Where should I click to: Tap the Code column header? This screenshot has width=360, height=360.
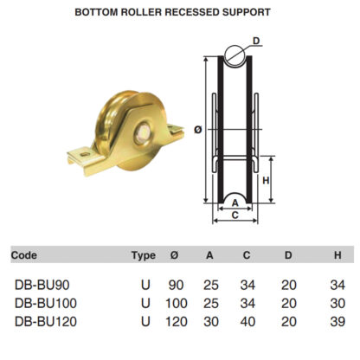[24, 255]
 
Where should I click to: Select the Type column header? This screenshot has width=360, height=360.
[144, 255]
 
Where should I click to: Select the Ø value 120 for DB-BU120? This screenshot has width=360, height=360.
[177, 321]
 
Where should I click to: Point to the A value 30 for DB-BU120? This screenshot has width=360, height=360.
[210, 321]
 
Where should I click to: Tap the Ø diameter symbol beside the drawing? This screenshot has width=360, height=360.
[198, 130]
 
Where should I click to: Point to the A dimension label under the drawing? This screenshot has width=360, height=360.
[235, 203]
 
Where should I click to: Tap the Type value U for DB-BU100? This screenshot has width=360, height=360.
[145, 303]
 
